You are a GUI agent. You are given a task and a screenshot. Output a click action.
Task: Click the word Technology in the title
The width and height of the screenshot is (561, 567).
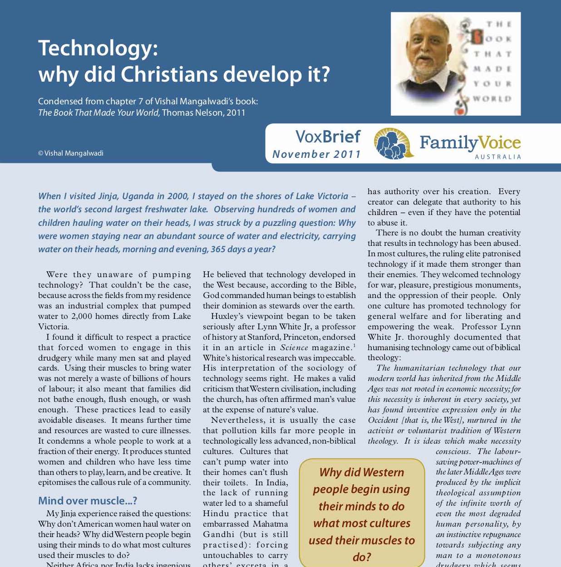pos(98,49)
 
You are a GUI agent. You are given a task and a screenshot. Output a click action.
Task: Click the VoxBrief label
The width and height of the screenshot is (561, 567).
pos(328,136)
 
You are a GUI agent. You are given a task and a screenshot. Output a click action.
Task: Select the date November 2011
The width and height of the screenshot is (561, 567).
pos(316,154)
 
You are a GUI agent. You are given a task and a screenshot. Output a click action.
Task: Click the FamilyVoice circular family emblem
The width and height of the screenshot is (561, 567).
pos(393,143)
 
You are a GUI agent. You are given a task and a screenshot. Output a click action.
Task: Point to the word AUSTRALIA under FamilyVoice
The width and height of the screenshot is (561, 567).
pos(498,157)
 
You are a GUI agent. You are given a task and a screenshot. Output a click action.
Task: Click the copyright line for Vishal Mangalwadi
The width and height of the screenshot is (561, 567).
pos(71,153)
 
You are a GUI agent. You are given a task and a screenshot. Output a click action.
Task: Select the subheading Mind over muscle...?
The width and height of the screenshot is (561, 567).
pos(88,501)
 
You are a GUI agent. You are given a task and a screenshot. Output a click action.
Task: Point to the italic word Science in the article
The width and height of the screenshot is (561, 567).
pos(294,347)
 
